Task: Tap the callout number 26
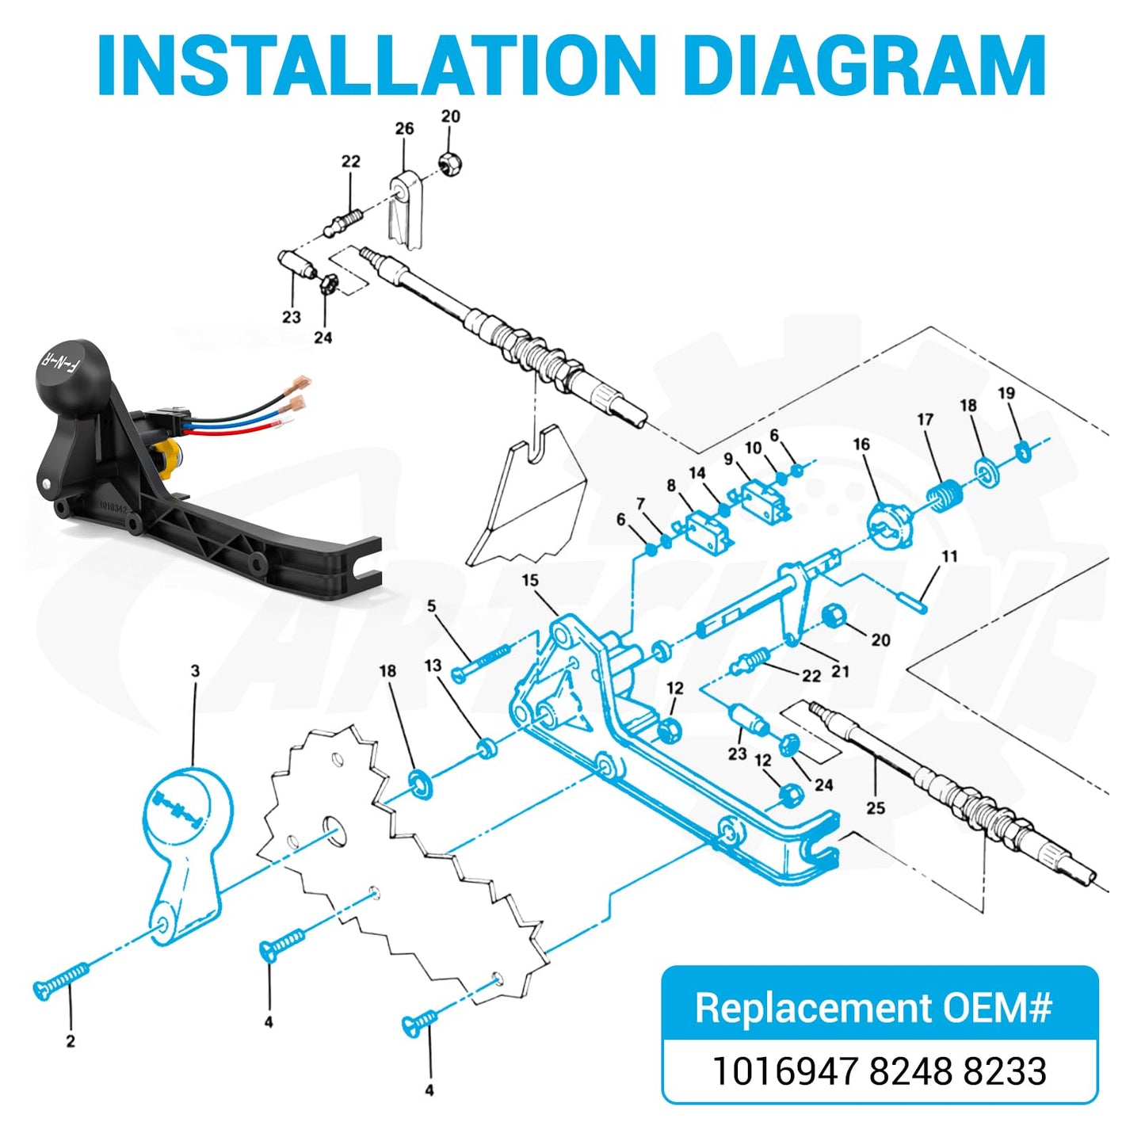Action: (x=404, y=128)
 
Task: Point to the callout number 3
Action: (x=195, y=671)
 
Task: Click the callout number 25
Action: (x=876, y=808)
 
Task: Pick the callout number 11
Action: (x=949, y=556)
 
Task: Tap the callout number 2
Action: (x=70, y=1041)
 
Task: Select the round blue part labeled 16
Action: (x=890, y=524)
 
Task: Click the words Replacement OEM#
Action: (x=873, y=1007)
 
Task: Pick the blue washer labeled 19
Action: (x=1023, y=452)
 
